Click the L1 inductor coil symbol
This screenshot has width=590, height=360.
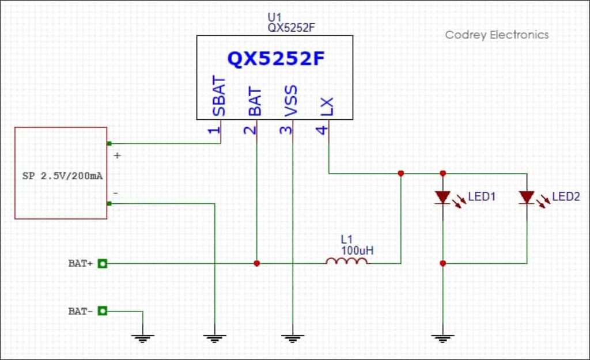346,262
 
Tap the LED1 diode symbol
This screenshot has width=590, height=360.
442,198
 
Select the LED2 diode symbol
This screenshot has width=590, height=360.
527,198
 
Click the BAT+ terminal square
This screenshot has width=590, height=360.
103,264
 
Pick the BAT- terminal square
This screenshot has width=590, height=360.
103,311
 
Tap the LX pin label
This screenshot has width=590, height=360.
327,107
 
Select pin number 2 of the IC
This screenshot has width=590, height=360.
249,130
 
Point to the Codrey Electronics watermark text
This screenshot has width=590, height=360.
497,35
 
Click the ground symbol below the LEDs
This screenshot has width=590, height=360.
442,338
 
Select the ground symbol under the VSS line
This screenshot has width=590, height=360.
293,338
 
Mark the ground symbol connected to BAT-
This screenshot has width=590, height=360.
142,338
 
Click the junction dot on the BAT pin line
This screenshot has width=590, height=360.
256,263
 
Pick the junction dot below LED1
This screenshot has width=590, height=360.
442,263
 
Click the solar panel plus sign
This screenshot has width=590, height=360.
118,156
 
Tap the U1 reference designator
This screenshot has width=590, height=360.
274,18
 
